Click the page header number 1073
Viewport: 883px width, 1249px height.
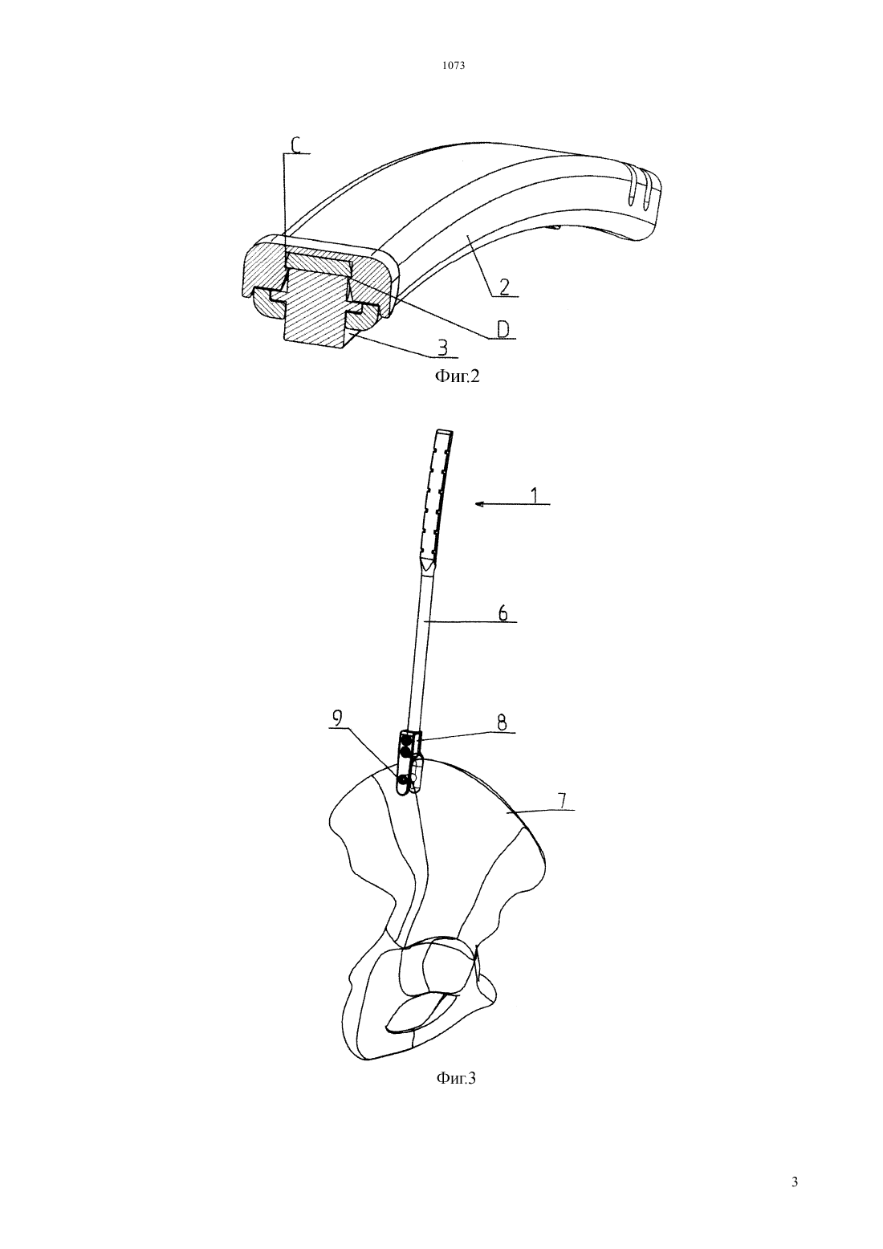[453, 66]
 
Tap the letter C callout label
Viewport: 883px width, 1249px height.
[296, 145]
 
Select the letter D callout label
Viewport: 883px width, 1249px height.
[503, 330]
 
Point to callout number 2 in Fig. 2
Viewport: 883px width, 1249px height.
[503, 287]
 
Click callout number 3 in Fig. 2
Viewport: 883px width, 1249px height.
[442, 348]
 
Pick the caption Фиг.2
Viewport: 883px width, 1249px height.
[457, 376]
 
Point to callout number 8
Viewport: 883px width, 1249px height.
[501, 723]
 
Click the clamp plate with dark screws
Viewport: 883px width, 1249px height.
[409, 763]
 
